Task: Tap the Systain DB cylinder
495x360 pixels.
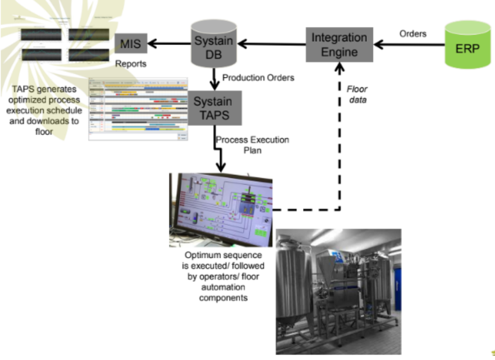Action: [x=214, y=45]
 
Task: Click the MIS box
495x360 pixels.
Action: [x=130, y=44]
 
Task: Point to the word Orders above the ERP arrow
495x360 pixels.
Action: [x=413, y=34]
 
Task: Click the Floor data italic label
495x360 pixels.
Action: [x=357, y=95]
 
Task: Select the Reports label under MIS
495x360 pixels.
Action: [x=131, y=64]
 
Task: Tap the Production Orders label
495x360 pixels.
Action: [x=258, y=78]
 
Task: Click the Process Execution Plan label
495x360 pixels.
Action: [x=252, y=144]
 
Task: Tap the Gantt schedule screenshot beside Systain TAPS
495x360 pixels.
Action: [x=138, y=109]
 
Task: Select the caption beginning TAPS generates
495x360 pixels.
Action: [x=44, y=110]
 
